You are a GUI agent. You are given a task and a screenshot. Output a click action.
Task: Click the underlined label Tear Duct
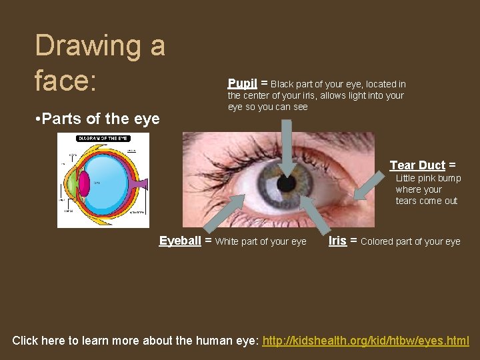click(x=417, y=165)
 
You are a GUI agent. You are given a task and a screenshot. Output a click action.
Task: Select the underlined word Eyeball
click(x=180, y=241)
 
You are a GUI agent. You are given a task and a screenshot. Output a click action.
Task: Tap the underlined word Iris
click(x=337, y=241)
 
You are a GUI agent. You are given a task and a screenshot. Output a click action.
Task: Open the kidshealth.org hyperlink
click(x=365, y=341)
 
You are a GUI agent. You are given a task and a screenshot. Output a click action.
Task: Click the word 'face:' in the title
click(x=66, y=81)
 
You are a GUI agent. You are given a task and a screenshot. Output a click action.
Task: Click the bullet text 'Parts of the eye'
click(x=102, y=119)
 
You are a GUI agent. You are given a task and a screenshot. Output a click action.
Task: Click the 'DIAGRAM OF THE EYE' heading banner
click(x=103, y=138)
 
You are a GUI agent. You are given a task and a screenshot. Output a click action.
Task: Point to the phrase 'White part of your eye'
click(x=261, y=241)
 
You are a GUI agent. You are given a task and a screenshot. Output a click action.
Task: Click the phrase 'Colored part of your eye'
click(x=410, y=241)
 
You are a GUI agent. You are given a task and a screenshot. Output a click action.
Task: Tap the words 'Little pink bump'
click(x=428, y=178)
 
